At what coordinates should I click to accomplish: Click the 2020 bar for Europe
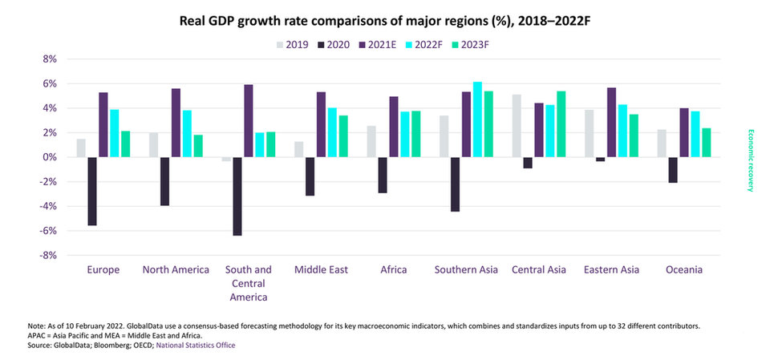point(92,191)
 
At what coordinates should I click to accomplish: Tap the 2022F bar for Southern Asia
point(478,119)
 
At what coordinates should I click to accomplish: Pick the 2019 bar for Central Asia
point(517,126)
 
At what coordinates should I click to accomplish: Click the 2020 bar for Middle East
point(310,176)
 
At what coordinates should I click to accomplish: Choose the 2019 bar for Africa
point(371,141)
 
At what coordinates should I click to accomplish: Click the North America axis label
point(176,270)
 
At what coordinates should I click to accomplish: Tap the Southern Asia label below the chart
point(468,270)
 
